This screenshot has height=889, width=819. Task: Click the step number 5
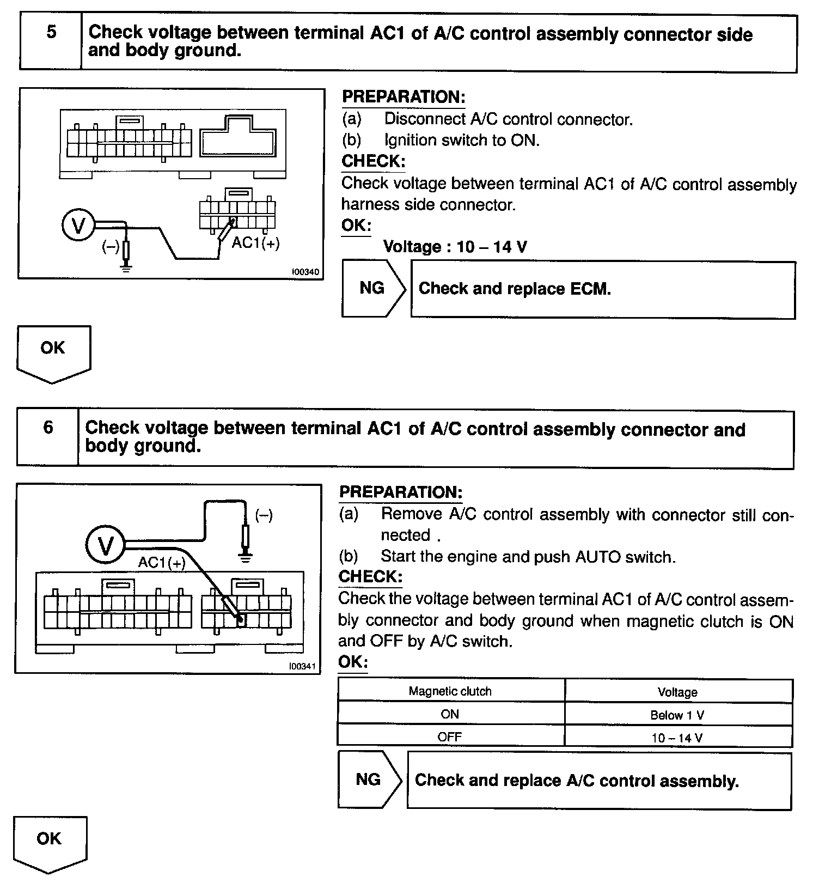point(51,32)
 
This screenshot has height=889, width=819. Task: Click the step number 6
point(48,427)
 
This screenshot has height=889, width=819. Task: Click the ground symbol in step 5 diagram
point(126,267)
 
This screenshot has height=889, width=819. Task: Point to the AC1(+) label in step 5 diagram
point(255,243)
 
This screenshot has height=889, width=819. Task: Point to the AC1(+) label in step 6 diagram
point(162,562)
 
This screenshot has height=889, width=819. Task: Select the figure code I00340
point(305,272)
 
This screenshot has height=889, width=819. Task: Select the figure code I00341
point(303,666)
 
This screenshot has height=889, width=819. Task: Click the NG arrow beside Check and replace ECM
point(373,288)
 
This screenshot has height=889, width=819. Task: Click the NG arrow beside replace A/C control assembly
point(369,780)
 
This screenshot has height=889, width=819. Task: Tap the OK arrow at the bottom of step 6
point(50,842)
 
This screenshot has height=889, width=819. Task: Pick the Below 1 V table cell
point(677,715)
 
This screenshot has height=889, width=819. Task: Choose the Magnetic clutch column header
point(450,691)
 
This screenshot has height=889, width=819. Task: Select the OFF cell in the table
point(450,737)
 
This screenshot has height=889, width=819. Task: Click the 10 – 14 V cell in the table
point(677,738)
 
